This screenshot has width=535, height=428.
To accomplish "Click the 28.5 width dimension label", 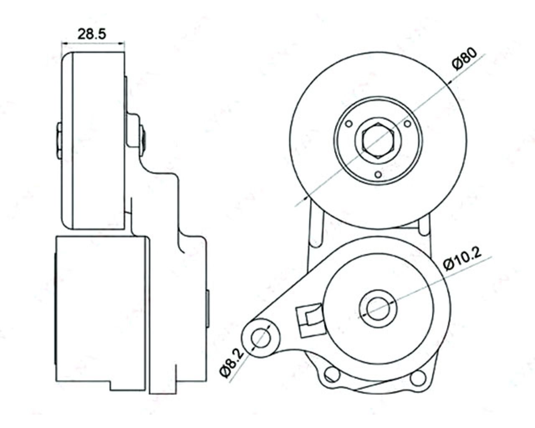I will [93, 34].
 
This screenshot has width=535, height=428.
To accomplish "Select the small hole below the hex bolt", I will [378, 175].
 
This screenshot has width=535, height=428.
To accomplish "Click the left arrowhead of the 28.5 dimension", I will [64, 43].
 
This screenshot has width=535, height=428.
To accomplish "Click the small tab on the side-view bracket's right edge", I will [208, 308].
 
